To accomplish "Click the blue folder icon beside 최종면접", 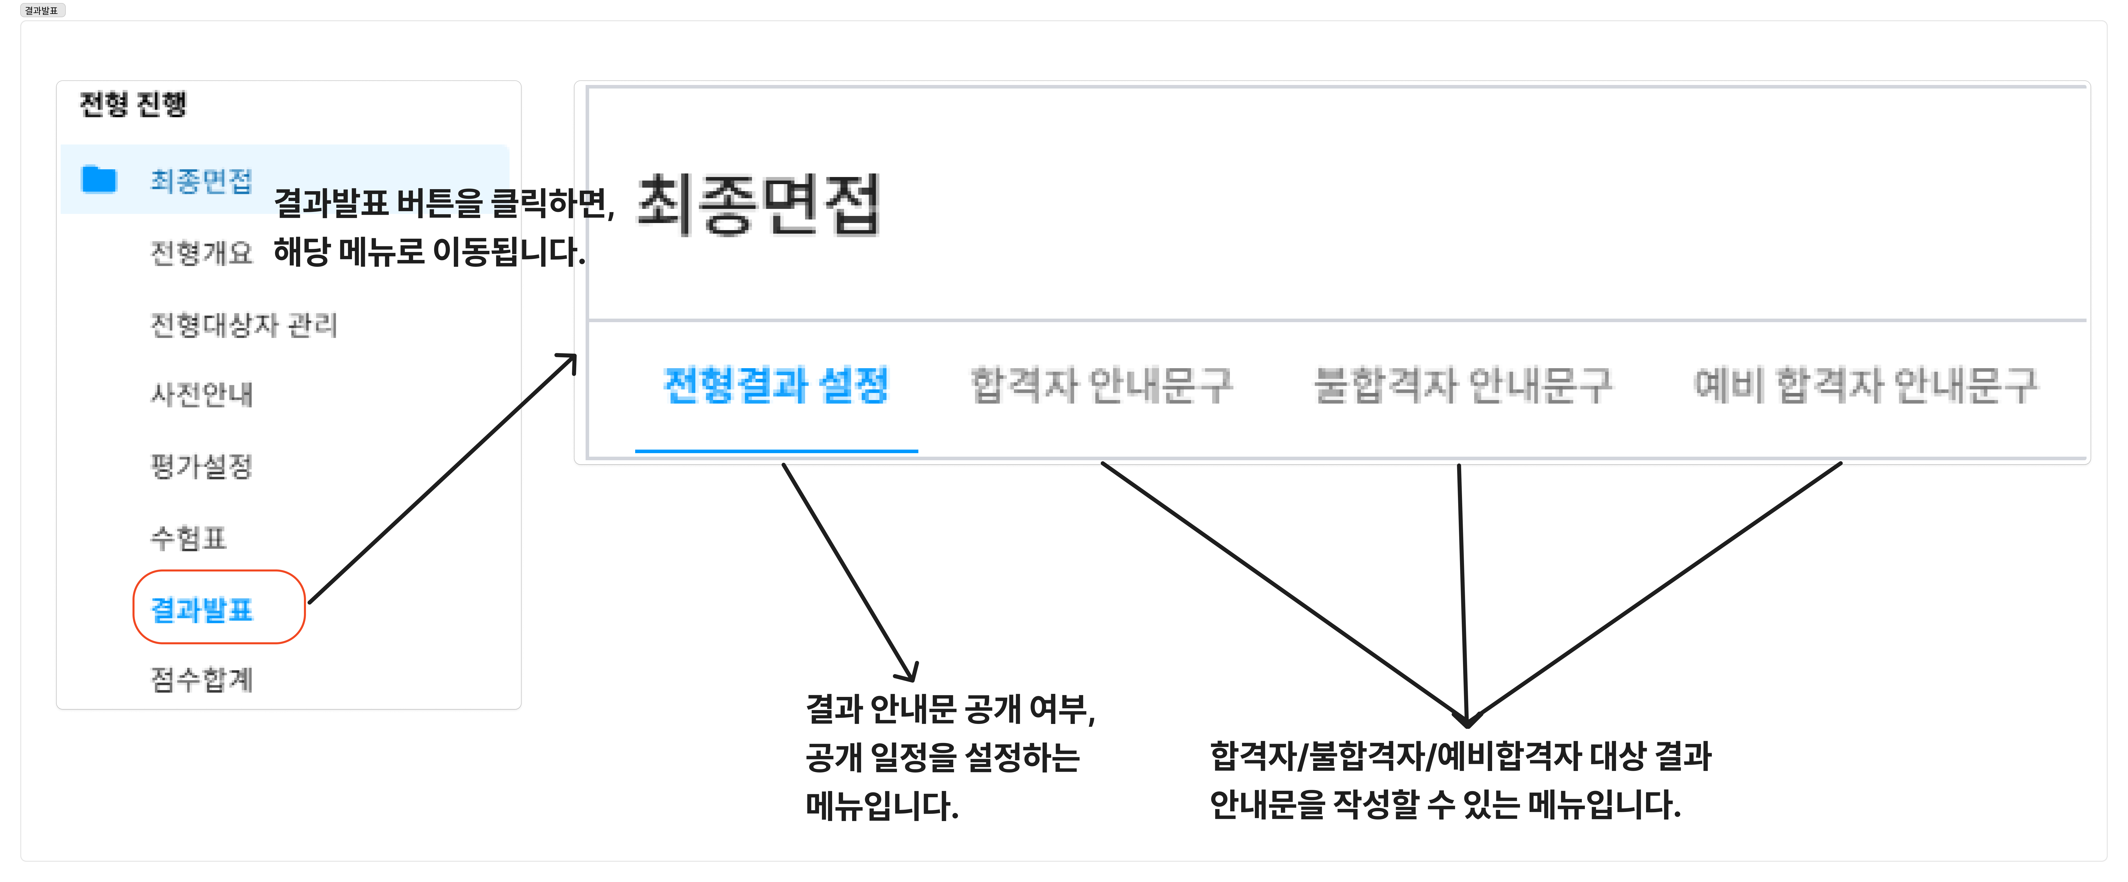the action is (x=99, y=179).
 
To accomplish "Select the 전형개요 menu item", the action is (x=201, y=253).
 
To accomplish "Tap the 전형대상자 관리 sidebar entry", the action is (x=244, y=325).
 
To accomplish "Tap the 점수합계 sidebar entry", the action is (x=201, y=680).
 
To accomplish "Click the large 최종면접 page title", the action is (x=758, y=205).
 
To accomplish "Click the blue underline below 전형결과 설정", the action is (x=777, y=451).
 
